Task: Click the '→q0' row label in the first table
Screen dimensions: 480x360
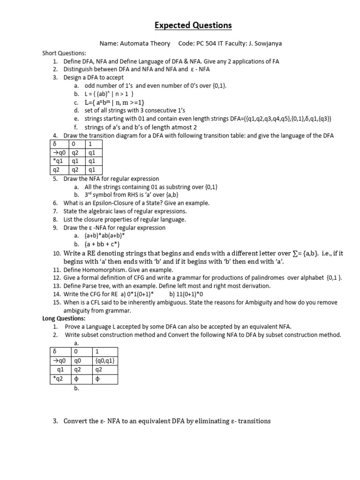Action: click(59, 153)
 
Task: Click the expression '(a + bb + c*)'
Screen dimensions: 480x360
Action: click(102, 244)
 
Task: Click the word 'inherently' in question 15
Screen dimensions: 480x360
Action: click(138, 302)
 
